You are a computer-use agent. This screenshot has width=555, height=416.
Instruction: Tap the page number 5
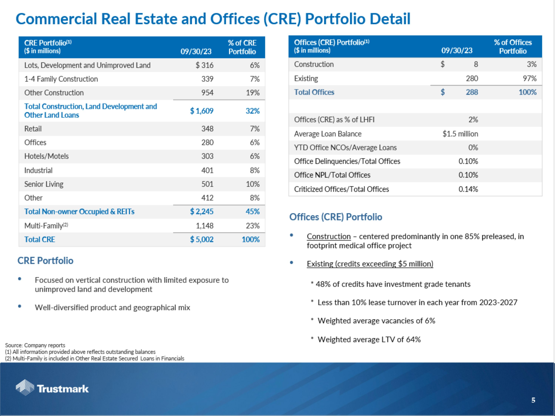click(x=533, y=400)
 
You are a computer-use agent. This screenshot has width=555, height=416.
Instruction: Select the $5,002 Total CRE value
click(x=202, y=239)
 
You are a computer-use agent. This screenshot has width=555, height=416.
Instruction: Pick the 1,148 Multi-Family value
click(x=204, y=226)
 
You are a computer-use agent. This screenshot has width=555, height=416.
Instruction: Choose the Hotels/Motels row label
click(x=46, y=156)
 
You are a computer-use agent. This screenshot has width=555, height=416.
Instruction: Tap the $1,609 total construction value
click(x=202, y=111)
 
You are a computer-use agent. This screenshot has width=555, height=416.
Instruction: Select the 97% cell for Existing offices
click(x=529, y=79)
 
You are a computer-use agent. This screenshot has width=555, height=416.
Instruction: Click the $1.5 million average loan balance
click(x=460, y=134)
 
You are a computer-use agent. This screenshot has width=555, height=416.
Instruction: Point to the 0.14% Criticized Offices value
click(x=468, y=189)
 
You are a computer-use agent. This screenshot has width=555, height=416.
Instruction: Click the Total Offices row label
click(x=314, y=92)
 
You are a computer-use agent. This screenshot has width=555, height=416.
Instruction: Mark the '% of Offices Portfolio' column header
click(x=513, y=47)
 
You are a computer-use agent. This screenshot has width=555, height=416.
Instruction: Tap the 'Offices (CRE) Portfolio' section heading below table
click(x=335, y=217)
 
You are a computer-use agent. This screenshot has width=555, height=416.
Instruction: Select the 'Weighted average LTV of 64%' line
click(x=369, y=339)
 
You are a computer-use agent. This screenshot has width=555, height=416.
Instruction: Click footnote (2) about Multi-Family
click(x=95, y=358)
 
